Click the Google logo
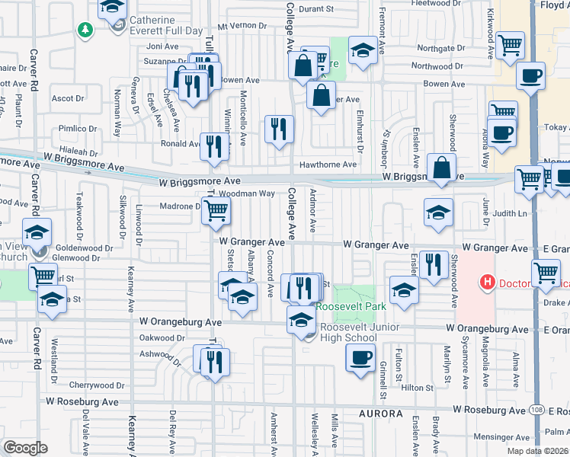(25, 448)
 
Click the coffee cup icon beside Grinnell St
(360, 357)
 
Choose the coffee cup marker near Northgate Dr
(530, 76)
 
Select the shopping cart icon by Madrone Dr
(216, 210)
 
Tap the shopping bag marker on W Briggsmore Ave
(441, 168)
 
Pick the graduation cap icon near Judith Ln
(438, 213)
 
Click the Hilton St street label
(417, 388)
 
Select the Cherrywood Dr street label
(96, 385)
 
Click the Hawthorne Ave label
(328, 164)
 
